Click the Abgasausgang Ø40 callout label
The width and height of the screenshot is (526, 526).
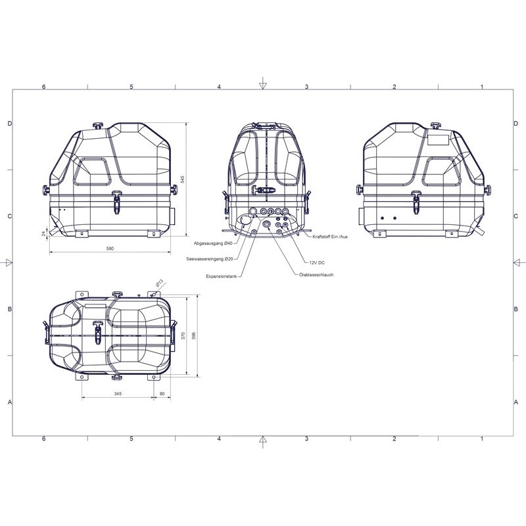(x=213, y=243)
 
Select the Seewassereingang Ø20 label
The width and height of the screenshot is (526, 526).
(x=210, y=259)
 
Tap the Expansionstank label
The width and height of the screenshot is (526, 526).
(x=222, y=276)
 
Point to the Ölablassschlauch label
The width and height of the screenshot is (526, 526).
(x=316, y=275)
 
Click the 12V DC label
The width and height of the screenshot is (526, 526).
(x=317, y=262)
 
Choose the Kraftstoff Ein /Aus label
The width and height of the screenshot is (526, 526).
(x=330, y=237)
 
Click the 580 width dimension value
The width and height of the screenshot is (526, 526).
(x=110, y=249)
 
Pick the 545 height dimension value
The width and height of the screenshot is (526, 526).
(x=183, y=179)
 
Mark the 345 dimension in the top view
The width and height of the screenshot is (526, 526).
(x=118, y=393)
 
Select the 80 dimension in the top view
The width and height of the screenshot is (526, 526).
(x=162, y=393)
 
